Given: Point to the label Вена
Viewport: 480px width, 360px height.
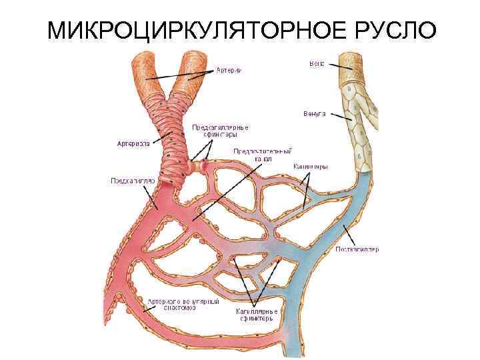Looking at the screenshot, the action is click(316, 64).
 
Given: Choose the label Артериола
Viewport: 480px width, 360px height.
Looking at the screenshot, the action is click(133, 142).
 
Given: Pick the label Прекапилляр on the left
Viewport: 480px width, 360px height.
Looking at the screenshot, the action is click(132, 180).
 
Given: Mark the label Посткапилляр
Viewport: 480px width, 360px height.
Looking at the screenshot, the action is click(357, 250).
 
